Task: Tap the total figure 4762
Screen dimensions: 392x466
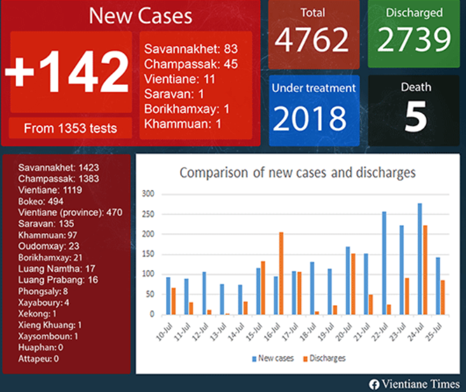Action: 312,40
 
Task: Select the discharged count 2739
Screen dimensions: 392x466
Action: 414,40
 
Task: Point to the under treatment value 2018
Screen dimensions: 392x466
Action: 312,118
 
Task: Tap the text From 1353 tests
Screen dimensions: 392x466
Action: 70,128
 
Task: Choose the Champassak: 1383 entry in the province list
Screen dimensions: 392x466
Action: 59,179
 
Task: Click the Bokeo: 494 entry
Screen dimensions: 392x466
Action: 41,201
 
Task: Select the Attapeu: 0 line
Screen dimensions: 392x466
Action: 38,359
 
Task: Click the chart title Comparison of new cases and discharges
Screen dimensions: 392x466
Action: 297,173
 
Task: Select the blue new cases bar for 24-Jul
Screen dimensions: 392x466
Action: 420,259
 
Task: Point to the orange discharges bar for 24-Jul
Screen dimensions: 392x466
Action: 426,269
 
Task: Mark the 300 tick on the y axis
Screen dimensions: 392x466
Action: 148,193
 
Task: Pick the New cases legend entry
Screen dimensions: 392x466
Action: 273,358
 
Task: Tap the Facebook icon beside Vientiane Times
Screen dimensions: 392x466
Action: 374,384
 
